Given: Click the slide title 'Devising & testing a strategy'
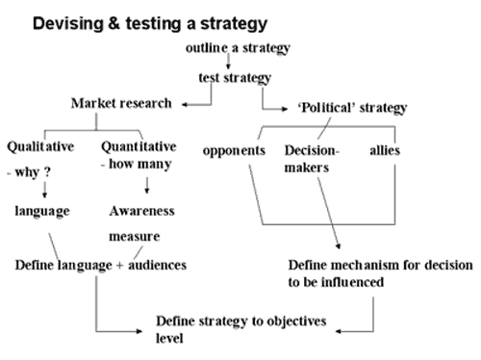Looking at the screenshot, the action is coord(150,24).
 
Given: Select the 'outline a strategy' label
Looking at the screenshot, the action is coord(238,48).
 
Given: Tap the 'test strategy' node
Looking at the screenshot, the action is coord(235,78).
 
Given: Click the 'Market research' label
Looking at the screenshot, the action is coord(121,103).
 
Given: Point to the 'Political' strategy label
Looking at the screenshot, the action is coord(352,108).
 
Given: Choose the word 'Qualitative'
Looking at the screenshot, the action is coord(40,147).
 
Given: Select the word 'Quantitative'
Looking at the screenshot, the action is coord(139,146).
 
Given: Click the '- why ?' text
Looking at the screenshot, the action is coord(29,172).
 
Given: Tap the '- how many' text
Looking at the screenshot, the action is coord(137,165).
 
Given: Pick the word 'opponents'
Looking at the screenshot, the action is coord(234,151).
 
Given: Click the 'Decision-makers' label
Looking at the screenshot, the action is coord(312,159).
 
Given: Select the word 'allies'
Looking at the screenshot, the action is coord(385,150).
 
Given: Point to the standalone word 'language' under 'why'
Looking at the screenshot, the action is coord(42,212).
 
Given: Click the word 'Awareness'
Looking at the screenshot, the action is coord(142,211).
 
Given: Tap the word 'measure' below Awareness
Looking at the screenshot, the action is coord(135,237).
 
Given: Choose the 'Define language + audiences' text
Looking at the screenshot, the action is coord(101,266).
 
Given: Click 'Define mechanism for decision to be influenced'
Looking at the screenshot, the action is coord(380,273).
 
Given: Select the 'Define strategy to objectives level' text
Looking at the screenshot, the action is coord(241,329).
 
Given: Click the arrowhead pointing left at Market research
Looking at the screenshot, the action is coord(185,105).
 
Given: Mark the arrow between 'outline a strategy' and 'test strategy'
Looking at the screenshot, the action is coord(228,61).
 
